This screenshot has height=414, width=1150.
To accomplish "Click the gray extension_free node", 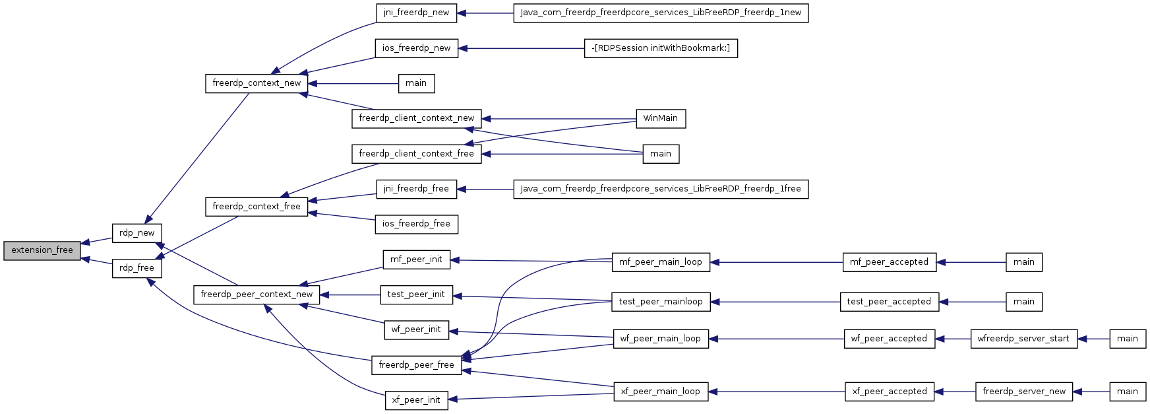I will [x=42, y=250].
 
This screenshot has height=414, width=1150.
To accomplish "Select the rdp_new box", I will [x=136, y=233].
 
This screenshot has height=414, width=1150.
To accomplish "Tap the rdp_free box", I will [x=136, y=268].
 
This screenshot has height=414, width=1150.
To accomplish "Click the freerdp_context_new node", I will [x=256, y=83].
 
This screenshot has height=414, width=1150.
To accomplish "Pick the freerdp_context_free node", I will [x=256, y=207].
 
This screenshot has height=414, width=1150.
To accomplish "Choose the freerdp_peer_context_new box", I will [x=257, y=294].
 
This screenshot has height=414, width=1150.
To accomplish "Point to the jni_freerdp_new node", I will [x=416, y=13].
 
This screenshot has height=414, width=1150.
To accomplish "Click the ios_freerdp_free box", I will [x=416, y=224].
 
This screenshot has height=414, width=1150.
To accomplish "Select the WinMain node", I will [x=660, y=118].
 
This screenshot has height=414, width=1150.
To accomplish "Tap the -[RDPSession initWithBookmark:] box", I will [x=661, y=48].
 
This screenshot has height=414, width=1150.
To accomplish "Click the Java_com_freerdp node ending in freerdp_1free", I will [x=661, y=189].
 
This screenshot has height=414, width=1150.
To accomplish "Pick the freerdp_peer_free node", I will [x=416, y=365].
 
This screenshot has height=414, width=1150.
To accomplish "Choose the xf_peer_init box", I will [x=416, y=400].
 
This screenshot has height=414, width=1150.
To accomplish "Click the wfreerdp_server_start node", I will [x=1023, y=339].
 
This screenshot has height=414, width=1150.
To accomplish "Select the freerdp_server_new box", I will [x=1023, y=392].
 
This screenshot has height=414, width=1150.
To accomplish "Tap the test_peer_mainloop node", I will [x=661, y=302].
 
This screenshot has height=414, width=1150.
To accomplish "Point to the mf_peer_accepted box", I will [x=889, y=262].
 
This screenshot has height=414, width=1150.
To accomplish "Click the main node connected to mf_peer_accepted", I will [x=1023, y=262].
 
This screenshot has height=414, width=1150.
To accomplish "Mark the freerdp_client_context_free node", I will [x=416, y=154].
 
